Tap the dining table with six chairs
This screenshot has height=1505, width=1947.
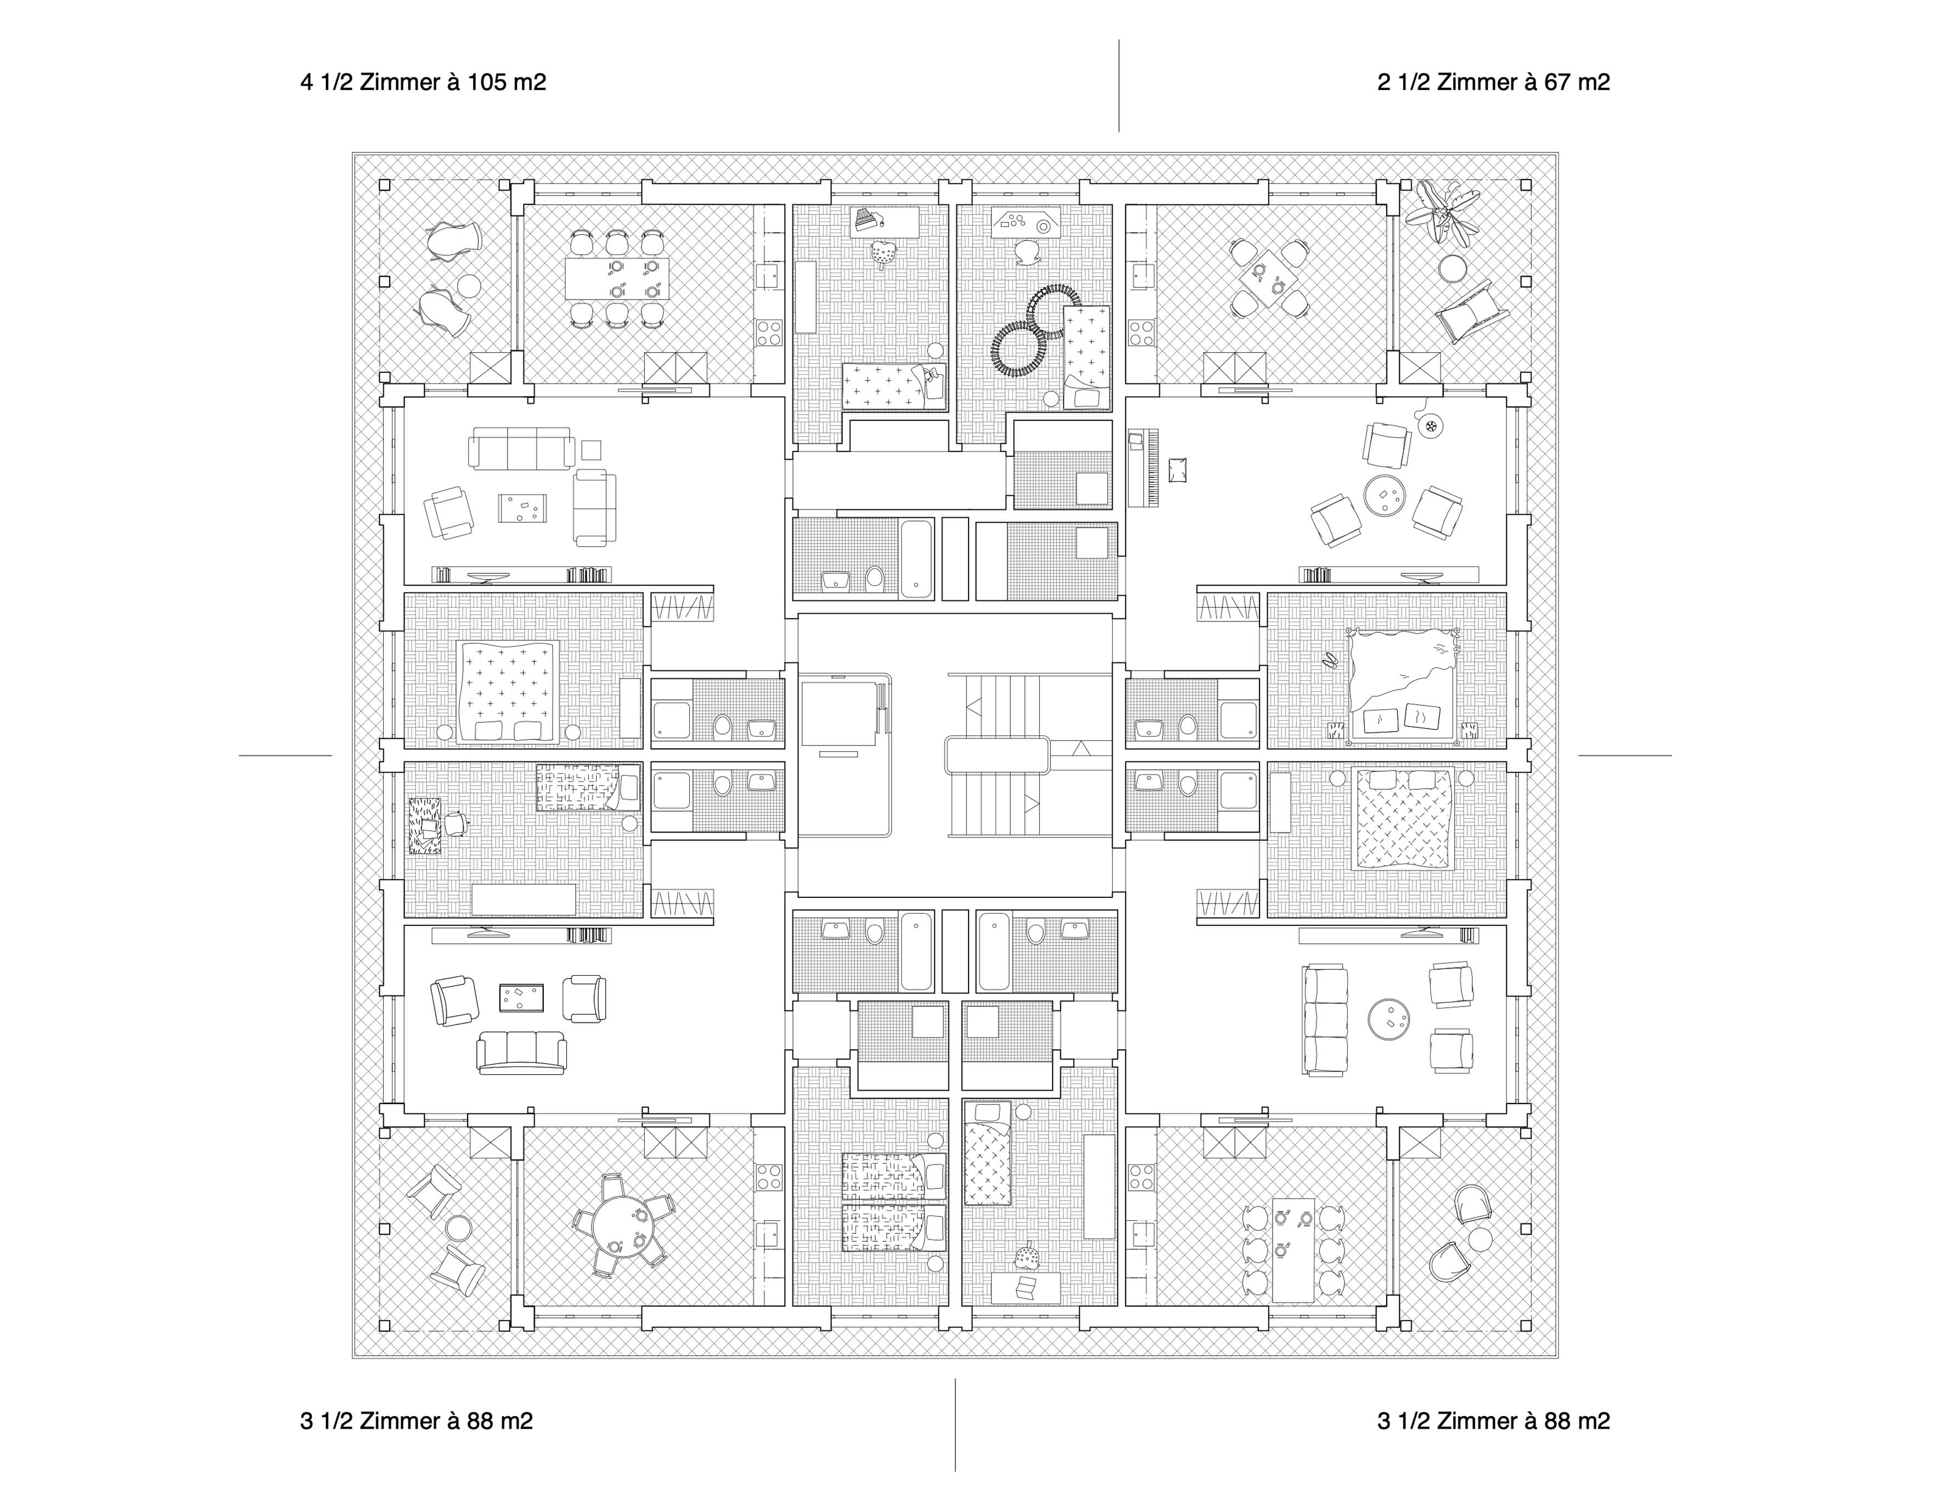[1293, 1247]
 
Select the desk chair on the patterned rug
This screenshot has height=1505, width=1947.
[457, 823]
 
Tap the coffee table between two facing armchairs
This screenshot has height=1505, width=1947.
[521, 997]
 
